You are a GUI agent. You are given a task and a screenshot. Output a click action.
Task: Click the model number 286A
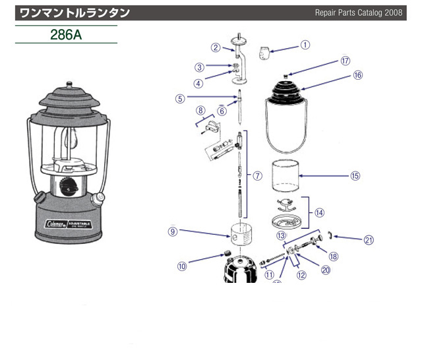(x=66, y=34)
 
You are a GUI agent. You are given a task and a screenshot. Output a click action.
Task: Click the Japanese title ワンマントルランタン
(x=74, y=13)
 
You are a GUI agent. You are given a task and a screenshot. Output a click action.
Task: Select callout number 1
(x=305, y=45)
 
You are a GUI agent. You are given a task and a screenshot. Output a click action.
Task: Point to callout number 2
(x=216, y=47)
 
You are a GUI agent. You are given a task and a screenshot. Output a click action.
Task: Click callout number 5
(x=179, y=99)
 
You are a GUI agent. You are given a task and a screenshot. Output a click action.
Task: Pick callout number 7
(x=258, y=175)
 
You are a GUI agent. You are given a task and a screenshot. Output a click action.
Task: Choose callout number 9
(x=173, y=231)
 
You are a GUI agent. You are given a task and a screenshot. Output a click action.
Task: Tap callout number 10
(x=183, y=266)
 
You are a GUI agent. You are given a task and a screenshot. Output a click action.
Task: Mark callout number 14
(x=319, y=212)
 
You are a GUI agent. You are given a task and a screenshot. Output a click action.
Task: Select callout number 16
(x=358, y=75)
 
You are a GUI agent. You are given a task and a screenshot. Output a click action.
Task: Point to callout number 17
(x=345, y=61)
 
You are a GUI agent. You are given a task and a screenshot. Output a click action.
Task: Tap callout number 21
(x=369, y=239)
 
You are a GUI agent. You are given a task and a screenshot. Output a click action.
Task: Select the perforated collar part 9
(x=241, y=233)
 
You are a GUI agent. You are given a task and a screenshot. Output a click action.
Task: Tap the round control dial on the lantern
(x=68, y=187)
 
